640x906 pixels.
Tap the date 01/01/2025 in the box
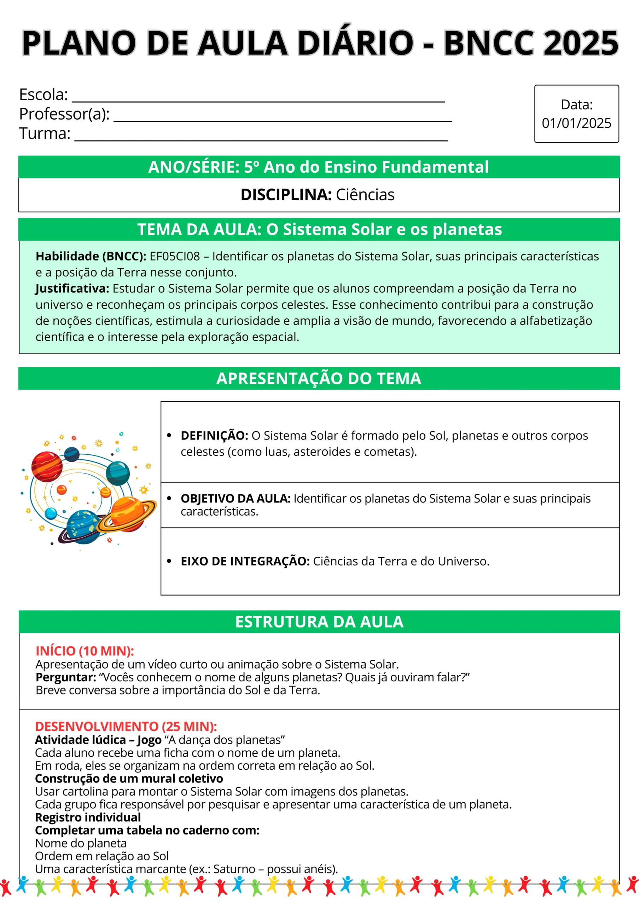click(x=576, y=123)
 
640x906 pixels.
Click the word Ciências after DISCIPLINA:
click(x=365, y=195)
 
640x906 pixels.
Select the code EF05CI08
click(x=175, y=257)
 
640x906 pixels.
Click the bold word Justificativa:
click(x=72, y=288)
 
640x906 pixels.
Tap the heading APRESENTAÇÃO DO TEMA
click(x=319, y=378)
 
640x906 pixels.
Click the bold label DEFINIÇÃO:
click(x=214, y=436)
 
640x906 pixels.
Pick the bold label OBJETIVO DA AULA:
click(x=235, y=498)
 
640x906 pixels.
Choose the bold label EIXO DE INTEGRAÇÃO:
click(x=245, y=561)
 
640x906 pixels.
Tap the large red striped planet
click(x=47, y=467)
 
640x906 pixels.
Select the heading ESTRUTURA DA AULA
click(x=319, y=622)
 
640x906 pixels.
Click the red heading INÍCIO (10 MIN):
click(x=85, y=651)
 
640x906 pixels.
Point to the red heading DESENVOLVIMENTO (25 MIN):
click(x=126, y=727)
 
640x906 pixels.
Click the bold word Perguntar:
click(x=66, y=677)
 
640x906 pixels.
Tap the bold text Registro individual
click(x=88, y=817)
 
